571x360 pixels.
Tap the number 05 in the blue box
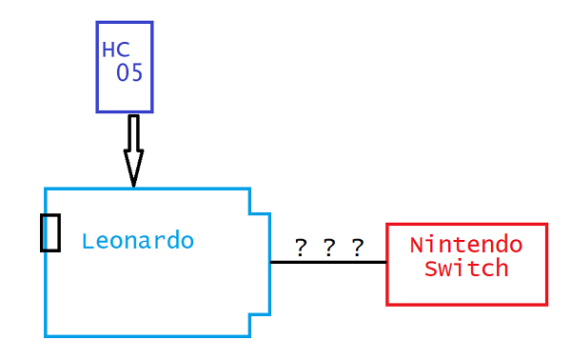click(x=129, y=73)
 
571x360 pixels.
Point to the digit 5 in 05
click(x=136, y=73)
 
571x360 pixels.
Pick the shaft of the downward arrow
click(x=133, y=133)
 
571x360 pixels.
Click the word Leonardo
click(x=138, y=241)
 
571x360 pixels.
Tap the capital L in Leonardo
click(x=88, y=241)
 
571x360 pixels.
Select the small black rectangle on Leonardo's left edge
click(x=50, y=232)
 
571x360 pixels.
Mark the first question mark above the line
click(x=301, y=249)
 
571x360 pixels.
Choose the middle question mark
click(x=328, y=249)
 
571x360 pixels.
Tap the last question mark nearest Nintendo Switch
click(x=357, y=249)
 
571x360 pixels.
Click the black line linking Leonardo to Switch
click(x=328, y=262)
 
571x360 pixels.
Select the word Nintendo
click(x=466, y=245)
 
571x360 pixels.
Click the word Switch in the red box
click(x=466, y=269)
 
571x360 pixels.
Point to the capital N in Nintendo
click(x=417, y=245)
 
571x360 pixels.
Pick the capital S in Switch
click(x=431, y=269)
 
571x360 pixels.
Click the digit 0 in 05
click(x=123, y=73)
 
